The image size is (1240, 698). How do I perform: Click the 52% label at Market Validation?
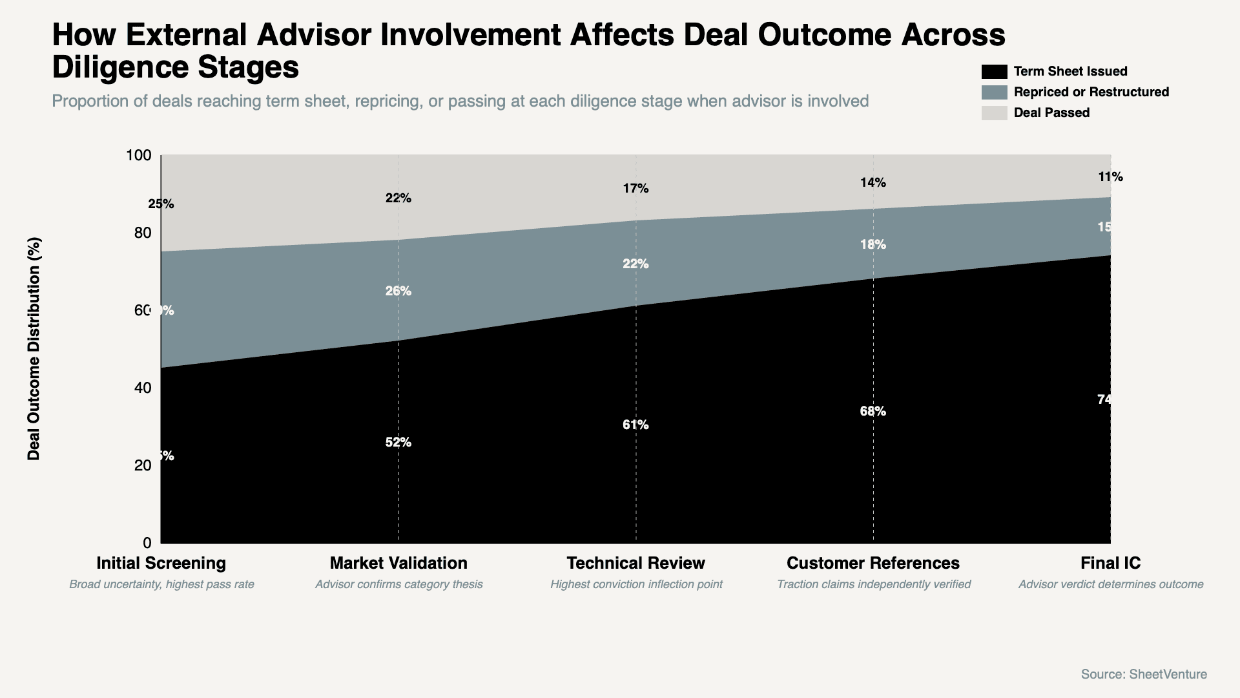coord(398,443)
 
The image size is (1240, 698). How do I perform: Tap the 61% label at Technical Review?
coord(635,425)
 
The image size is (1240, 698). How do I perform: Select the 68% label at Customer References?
coord(873,412)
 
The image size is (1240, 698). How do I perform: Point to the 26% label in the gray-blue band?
coord(398,291)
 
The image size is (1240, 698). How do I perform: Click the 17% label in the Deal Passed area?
coord(635,189)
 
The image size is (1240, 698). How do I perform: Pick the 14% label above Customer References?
coord(873,183)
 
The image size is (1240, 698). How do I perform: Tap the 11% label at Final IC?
coord(1110,177)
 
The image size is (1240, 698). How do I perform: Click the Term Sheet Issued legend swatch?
coord(994,72)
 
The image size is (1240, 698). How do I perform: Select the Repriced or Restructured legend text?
coord(1091,92)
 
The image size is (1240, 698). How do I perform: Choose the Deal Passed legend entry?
coord(1051,113)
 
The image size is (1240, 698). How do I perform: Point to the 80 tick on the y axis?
coord(143,233)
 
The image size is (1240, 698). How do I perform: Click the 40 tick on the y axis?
coord(143,388)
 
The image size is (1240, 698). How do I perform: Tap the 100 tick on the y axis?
coord(138,155)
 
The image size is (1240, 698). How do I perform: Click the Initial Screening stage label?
coord(161,563)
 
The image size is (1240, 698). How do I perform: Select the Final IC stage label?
coord(1110,563)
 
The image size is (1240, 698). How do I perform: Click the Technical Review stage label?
coord(635,563)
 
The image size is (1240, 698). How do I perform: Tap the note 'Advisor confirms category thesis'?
coord(398,584)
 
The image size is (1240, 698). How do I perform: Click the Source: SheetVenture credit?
coord(1144,674)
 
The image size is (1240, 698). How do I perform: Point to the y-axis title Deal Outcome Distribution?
coord(34,349)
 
